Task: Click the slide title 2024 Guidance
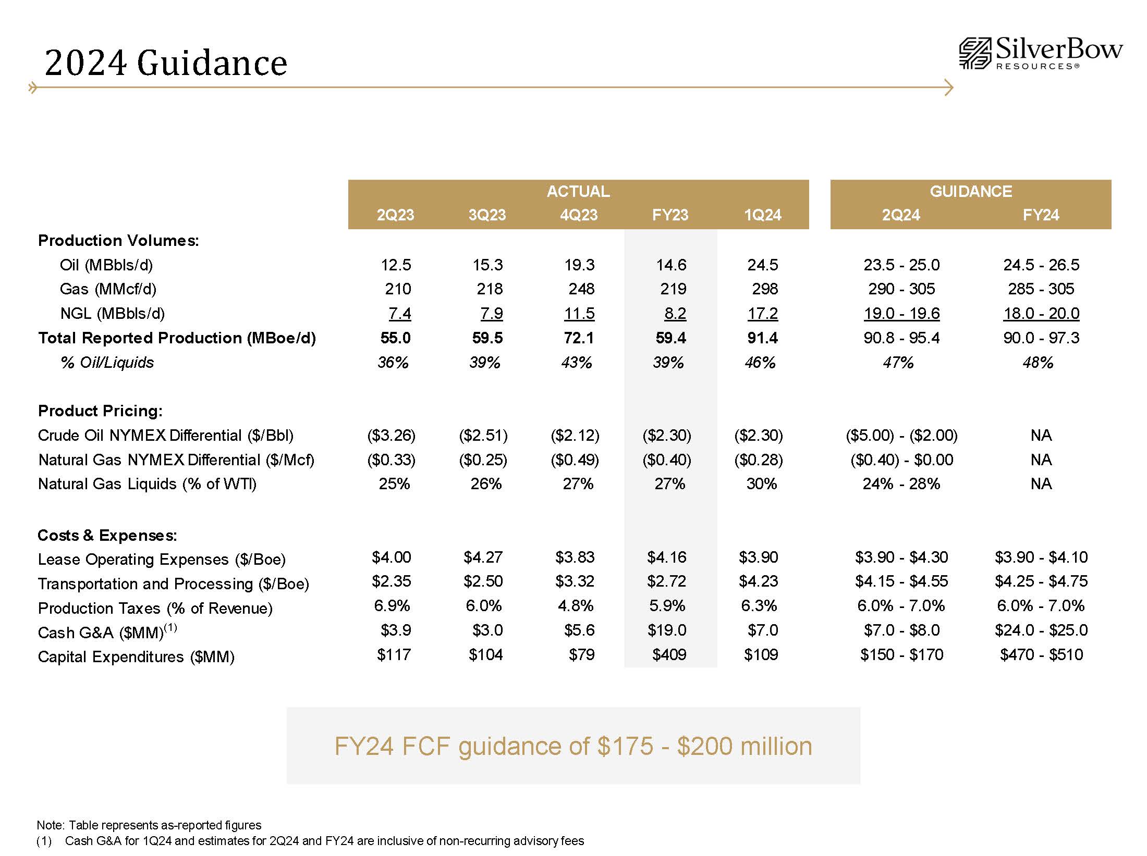pyautogui.click(x=166, y=63)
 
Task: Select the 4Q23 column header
pyautogui.click(x=579, y=215)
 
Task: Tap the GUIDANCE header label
pyautogui.click(x=971, y=191)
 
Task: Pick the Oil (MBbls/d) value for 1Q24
pyautogui.click(x=762, y=265)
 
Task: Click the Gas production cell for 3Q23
pyautogui.click(x=490, y=289)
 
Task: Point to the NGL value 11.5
pyautogui.click(x=579, y=313)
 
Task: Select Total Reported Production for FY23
pyautogui.click(x=670, y=338)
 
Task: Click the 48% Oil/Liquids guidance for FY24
pyautogui.click(x=1038, y=362)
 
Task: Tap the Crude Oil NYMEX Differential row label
pyautogui.click(x=166, y=435)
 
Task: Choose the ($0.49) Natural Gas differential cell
pyautogui.click(x=575, y=460)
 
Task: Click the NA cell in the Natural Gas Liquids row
pyautogui.click(x=1041, y=483)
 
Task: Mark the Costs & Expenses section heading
pyautogui.click(x=107, y=535)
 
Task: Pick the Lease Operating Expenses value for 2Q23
pyautogui.click(x=391, y=557)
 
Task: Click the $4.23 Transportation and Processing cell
pyautogui.click(x=758, y=581)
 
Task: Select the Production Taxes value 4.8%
pyautogui.click(x=575, y=605)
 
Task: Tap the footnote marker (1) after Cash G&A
pyautogui.click(x=170, y=628)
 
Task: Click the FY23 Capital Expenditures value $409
pyautogui.click(x=669, y=654)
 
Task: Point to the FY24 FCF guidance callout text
pyautogui.click(x=573, y=746)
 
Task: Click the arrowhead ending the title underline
pyautogui.click(x=949, y=88)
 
